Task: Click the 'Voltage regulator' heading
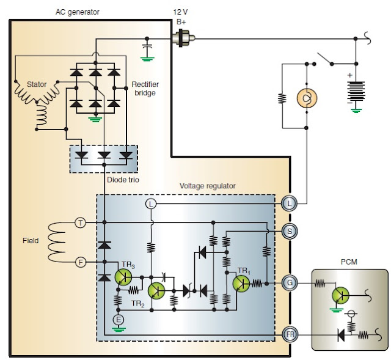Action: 208,186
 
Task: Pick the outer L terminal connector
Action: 290,204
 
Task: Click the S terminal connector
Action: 290,232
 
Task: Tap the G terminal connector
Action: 290,282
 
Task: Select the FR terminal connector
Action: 290,334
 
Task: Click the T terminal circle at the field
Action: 80,223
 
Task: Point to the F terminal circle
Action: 80,263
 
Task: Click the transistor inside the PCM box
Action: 340,295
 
